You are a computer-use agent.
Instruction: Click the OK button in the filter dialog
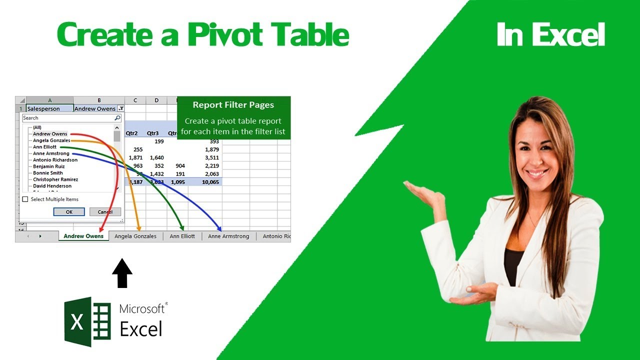point(69,212)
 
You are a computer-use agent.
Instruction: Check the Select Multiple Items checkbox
point(25,199)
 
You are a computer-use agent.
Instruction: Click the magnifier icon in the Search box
point(117,118)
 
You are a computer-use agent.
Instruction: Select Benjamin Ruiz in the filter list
point(48,166)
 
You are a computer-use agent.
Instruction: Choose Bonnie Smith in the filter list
point(48,173)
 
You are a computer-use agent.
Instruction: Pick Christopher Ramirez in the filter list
point(55,179)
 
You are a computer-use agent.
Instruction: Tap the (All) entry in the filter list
point(37,127)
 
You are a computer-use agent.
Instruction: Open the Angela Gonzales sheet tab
point(135,236)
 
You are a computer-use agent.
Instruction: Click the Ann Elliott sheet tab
point(182,236)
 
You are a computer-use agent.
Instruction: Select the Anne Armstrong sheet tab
point(228,236)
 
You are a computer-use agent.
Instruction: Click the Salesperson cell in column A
point(43,108)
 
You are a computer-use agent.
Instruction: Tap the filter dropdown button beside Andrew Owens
point(121,108)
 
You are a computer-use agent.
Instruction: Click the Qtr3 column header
point(152,133)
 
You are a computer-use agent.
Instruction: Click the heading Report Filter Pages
point(233,105)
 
